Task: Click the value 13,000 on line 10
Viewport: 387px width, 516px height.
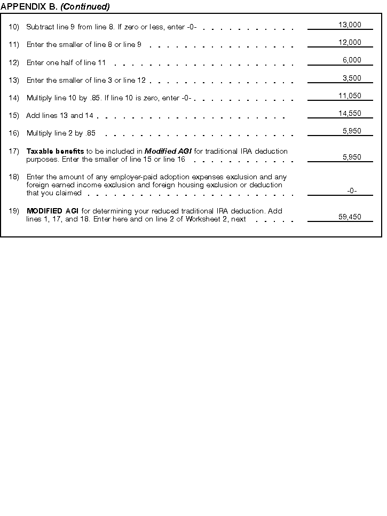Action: (x=350, y=25)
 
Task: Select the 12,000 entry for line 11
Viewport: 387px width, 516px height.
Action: (x=350, y=42)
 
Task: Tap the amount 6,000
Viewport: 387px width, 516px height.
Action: (x=352, y=60)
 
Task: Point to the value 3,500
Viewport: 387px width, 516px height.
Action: (x=352, y=78)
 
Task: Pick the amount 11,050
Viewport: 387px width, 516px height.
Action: (x=350, y=96)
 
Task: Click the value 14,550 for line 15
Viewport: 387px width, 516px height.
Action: (x=350, y=113)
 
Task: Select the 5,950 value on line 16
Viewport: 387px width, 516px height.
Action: (x=352, y=131)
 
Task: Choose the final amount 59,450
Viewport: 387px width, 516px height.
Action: (x=350, y=217)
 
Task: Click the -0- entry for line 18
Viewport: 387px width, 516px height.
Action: (x=352, y=190)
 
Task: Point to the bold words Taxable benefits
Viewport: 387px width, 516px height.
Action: (x=55, y=151)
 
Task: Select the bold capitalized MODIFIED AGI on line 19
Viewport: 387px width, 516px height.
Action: (x=52, y=211)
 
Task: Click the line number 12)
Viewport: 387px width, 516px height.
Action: (x=14, y=63)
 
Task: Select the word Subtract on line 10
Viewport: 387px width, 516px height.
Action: (x=40, y=27)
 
